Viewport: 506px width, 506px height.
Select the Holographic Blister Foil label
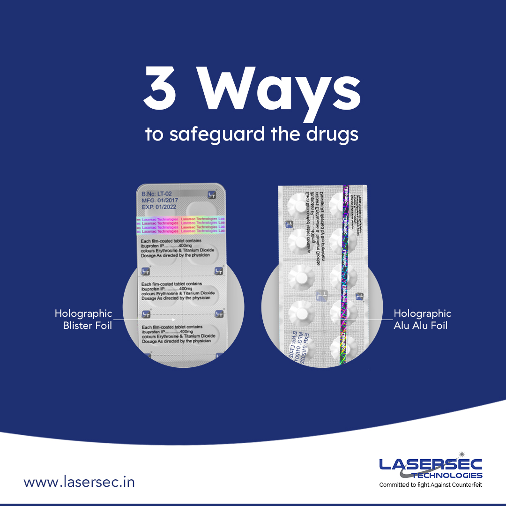tap(83, 319)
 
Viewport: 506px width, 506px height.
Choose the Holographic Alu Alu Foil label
tap(422, 319)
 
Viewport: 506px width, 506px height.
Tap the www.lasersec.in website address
tap(79, 482)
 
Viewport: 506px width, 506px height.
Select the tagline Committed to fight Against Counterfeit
tap(430, 485)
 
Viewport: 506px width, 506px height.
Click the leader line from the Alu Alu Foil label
tap(375, 320)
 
